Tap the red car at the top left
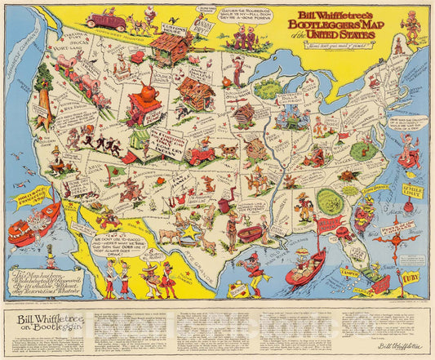click(105, 20)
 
